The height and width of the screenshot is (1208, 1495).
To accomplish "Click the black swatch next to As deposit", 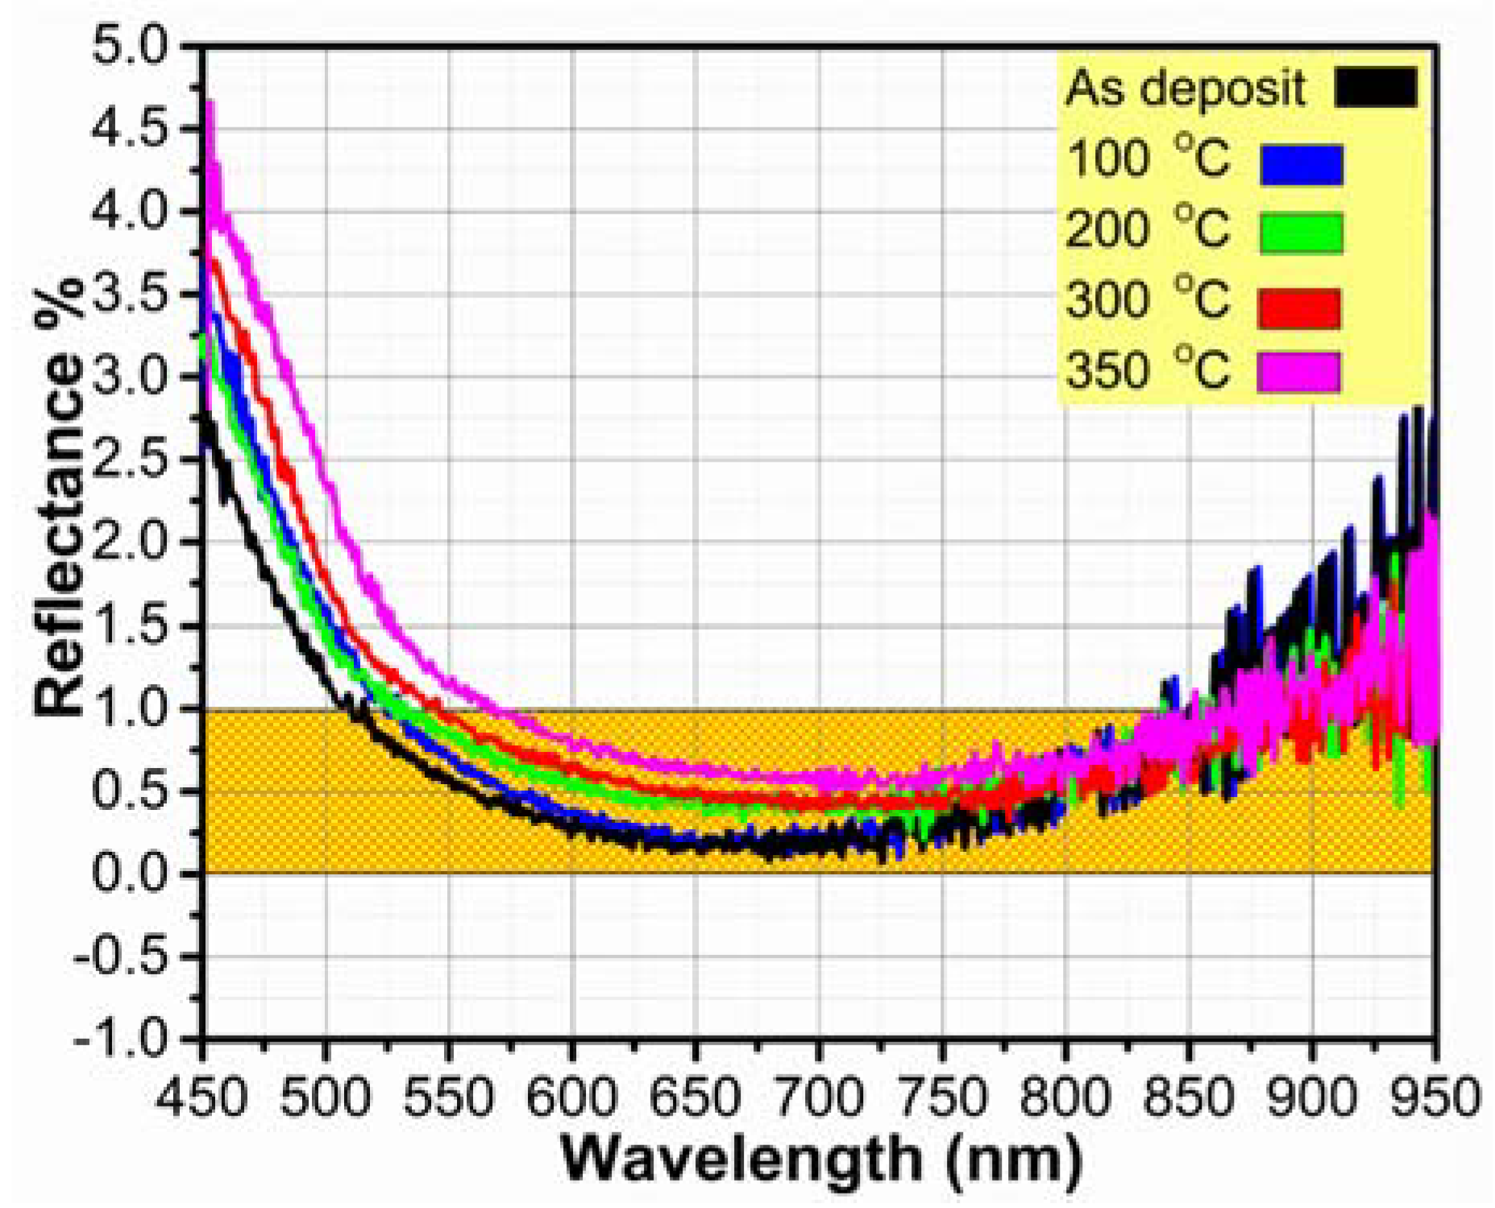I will click(x=1375, y=87).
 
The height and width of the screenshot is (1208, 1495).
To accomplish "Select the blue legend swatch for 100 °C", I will click(x=1302, y=164).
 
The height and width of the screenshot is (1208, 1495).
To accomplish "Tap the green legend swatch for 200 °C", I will click(x=1302, y=234).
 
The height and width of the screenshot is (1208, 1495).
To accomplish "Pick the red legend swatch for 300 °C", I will click(x=1299, y=309).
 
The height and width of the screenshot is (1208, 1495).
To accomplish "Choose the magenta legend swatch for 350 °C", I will click(x=1299, y=372).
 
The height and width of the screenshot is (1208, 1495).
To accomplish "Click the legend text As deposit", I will click(x=1185, y=89).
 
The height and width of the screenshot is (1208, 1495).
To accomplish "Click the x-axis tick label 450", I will click(x=201, y=1098).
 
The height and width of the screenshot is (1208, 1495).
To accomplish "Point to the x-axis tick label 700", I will click(x=819, y=1098).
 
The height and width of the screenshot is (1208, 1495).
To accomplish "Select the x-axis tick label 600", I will click(x=571, y=1098).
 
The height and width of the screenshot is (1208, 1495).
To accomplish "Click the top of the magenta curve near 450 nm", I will click(x=210, y=103).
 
